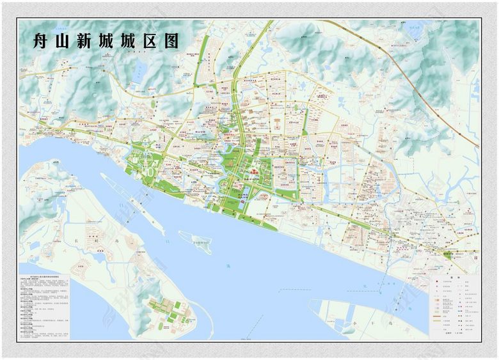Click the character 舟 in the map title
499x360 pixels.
pyautogui.click(x=44, y=41)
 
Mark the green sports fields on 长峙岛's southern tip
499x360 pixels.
pyautogui.click(x=168, y=313)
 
